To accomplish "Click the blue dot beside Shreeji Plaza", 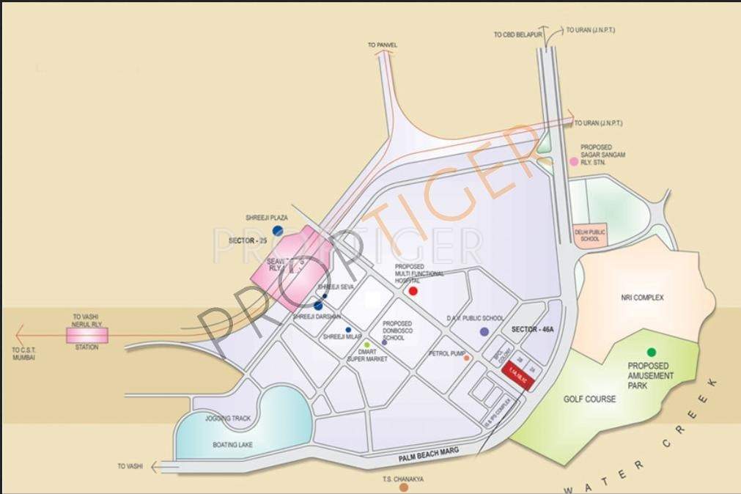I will [x=278, y=230].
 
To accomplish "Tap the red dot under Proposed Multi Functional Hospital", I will [x=413, y=291].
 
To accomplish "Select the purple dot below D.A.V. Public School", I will [x=484, y=332].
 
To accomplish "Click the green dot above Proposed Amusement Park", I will [x=651, y=353].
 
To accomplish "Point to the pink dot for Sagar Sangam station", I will [x=574, y=162].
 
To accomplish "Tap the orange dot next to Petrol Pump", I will [x=466, y=358].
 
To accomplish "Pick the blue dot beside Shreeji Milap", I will [x=348, y=330].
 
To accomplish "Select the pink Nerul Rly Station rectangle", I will [x=86, y=335].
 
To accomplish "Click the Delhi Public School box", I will [x=591, y=235].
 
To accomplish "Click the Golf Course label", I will [x=589, y=399].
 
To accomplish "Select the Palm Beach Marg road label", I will [x=428, y=455].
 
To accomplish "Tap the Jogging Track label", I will [x=228, y=419].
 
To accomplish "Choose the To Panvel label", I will [x=383, y=45].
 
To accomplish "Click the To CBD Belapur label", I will [x=517, y=34].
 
